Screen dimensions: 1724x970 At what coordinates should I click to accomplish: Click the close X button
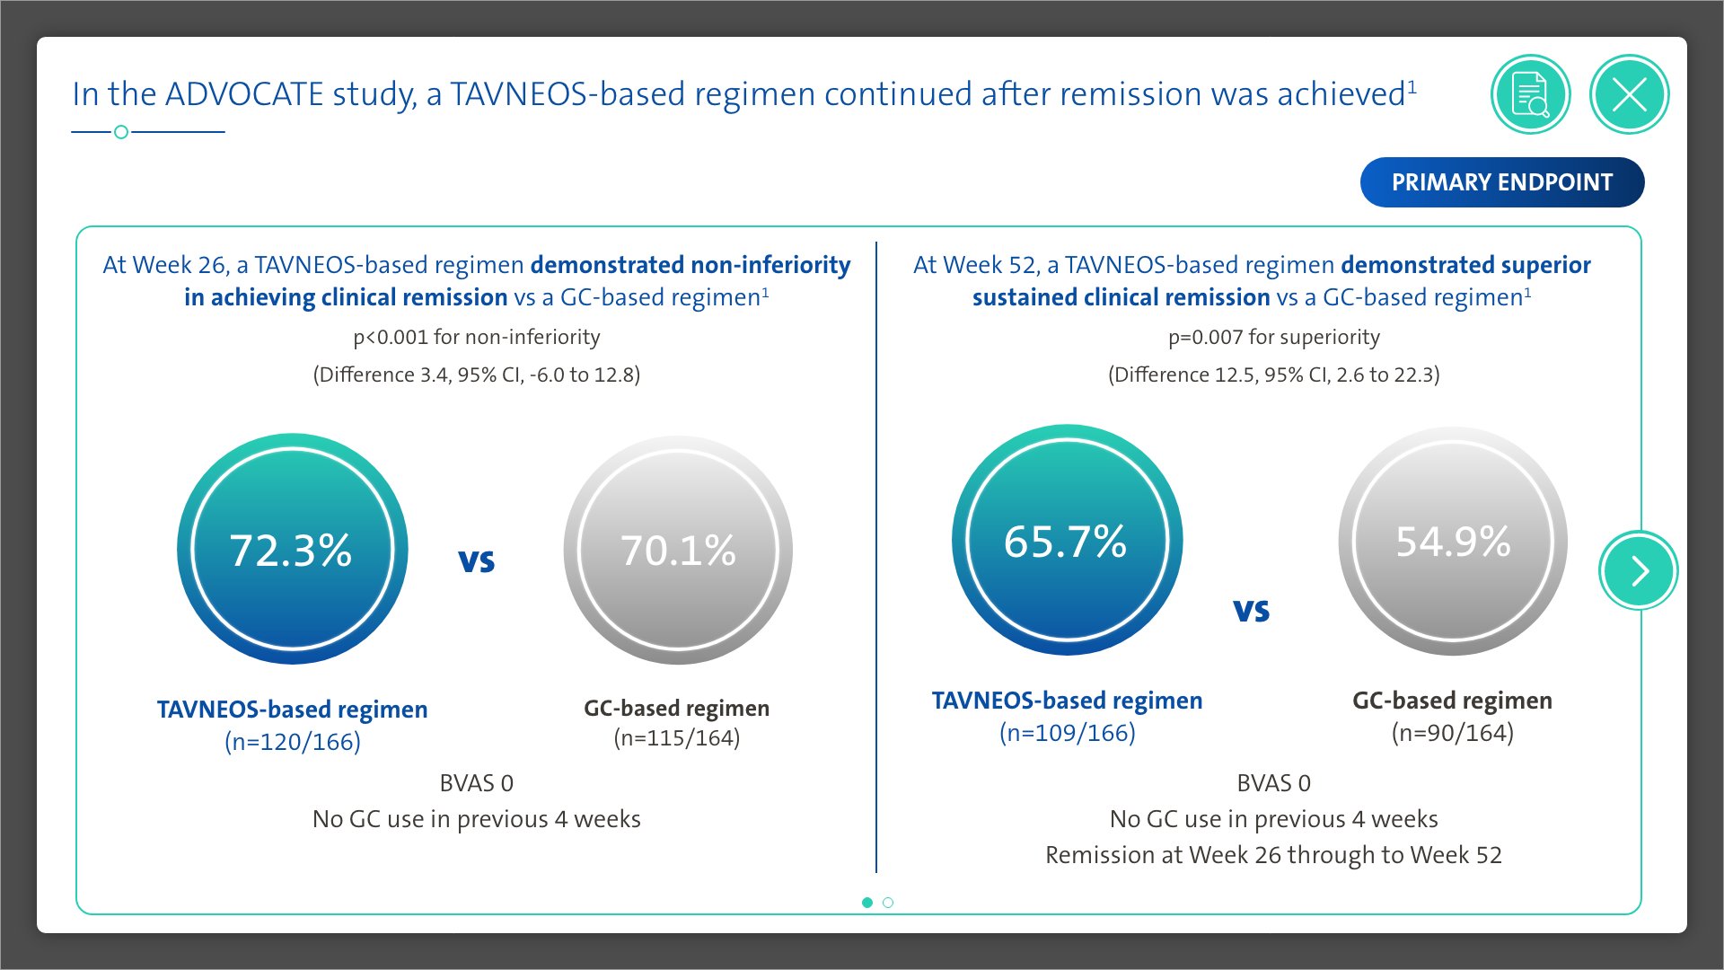pyautogui.click(x=1629, y=94)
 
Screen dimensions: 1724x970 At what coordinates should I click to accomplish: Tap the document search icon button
pyautogui.click(x=1530, y=94)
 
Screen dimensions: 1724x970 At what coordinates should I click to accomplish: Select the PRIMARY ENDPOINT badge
pyautogui.click(x=1502, y=182)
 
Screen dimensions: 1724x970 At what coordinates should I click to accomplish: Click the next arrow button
pyautogui.click(x=1639, y=570)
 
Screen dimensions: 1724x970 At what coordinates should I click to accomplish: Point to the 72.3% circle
pyautogui.click(x=293, y=550)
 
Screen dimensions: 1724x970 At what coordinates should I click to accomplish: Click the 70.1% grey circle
pyautogui.click(x=678, y=550)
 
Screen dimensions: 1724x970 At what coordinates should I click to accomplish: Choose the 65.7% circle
pyautogui.click(x=1067, y=540)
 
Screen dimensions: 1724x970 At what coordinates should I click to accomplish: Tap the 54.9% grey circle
pyautogui.click(x=1453, y=541)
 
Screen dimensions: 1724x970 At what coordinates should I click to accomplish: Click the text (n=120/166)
pyautogui.click(x=293, y=742)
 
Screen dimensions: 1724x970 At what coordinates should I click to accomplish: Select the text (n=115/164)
pyautogui.click(x=677, y=738)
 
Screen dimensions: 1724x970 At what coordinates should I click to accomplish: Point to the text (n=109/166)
pyautogui.click(x=1068, y=733)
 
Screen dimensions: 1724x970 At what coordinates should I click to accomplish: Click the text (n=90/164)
pyautogui.click(x=1453, y=733)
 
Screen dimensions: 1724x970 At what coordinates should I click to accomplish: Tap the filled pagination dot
pyautogui.click(x=867, y=903)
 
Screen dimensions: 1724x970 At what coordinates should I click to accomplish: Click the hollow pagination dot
pyautogui.click(x=888, y=903)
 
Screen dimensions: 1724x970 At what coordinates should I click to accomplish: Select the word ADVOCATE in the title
pyautogui.click(x=244, y=94)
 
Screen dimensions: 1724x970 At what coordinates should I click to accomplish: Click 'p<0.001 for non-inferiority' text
pyautogui.click(x=477, y=338)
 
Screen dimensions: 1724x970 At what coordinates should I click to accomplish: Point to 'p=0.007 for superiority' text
pyautogui.click(x=1274, y=338)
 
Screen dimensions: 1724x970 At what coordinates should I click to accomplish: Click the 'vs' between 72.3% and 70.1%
pyautogui.click(x=477, y=560)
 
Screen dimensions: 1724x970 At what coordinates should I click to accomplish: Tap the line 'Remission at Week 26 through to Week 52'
pyautogui.click(x=1273, y=855)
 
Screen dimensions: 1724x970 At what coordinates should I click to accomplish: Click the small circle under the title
pyautogui.click(x=121, y=132)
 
